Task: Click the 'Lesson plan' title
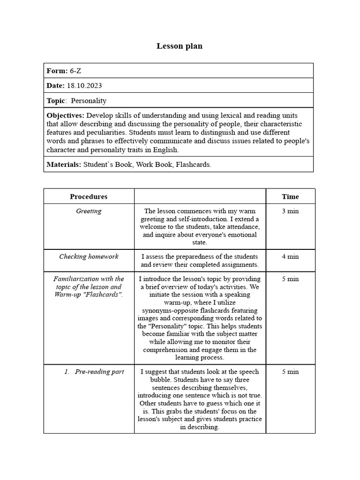tap(180, 46)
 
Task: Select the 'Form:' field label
tap(57, 71)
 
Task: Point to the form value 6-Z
tap(75, 71)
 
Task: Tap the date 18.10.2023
tap(84, 86)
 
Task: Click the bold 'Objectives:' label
tap(66, 115)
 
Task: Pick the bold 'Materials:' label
tap(64, 165)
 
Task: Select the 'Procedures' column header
tap(89, 196)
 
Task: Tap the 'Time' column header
tap(290, 196)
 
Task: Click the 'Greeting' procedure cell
tap(89, 211)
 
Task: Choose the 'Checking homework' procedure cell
tap(89, 257)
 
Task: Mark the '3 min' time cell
tap(290, 211)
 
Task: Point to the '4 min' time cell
tap(290, 257)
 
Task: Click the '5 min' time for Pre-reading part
tap(290, 372)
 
